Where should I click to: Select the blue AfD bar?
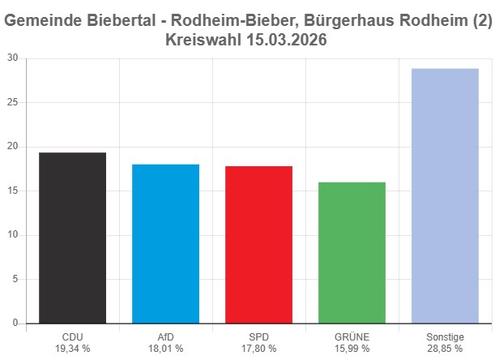[165, 243]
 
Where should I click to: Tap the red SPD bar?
[258, 244]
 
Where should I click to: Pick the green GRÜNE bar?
[352, 252]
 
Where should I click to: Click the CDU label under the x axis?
[72, 336]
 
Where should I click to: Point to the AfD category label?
[165, 336]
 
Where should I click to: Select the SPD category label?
[258, 336]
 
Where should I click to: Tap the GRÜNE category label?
[352, 336]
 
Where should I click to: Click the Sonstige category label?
[445, 336]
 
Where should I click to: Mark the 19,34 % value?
[72, 349]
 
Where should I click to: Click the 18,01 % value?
[165, 349]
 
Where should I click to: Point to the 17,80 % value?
[258, 349]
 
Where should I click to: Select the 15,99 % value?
[352, 349]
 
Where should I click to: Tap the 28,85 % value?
[445, 349]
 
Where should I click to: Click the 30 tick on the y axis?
[13, 58]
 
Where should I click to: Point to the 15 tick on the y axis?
[13, 191]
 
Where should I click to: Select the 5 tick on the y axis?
[15, 279]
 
